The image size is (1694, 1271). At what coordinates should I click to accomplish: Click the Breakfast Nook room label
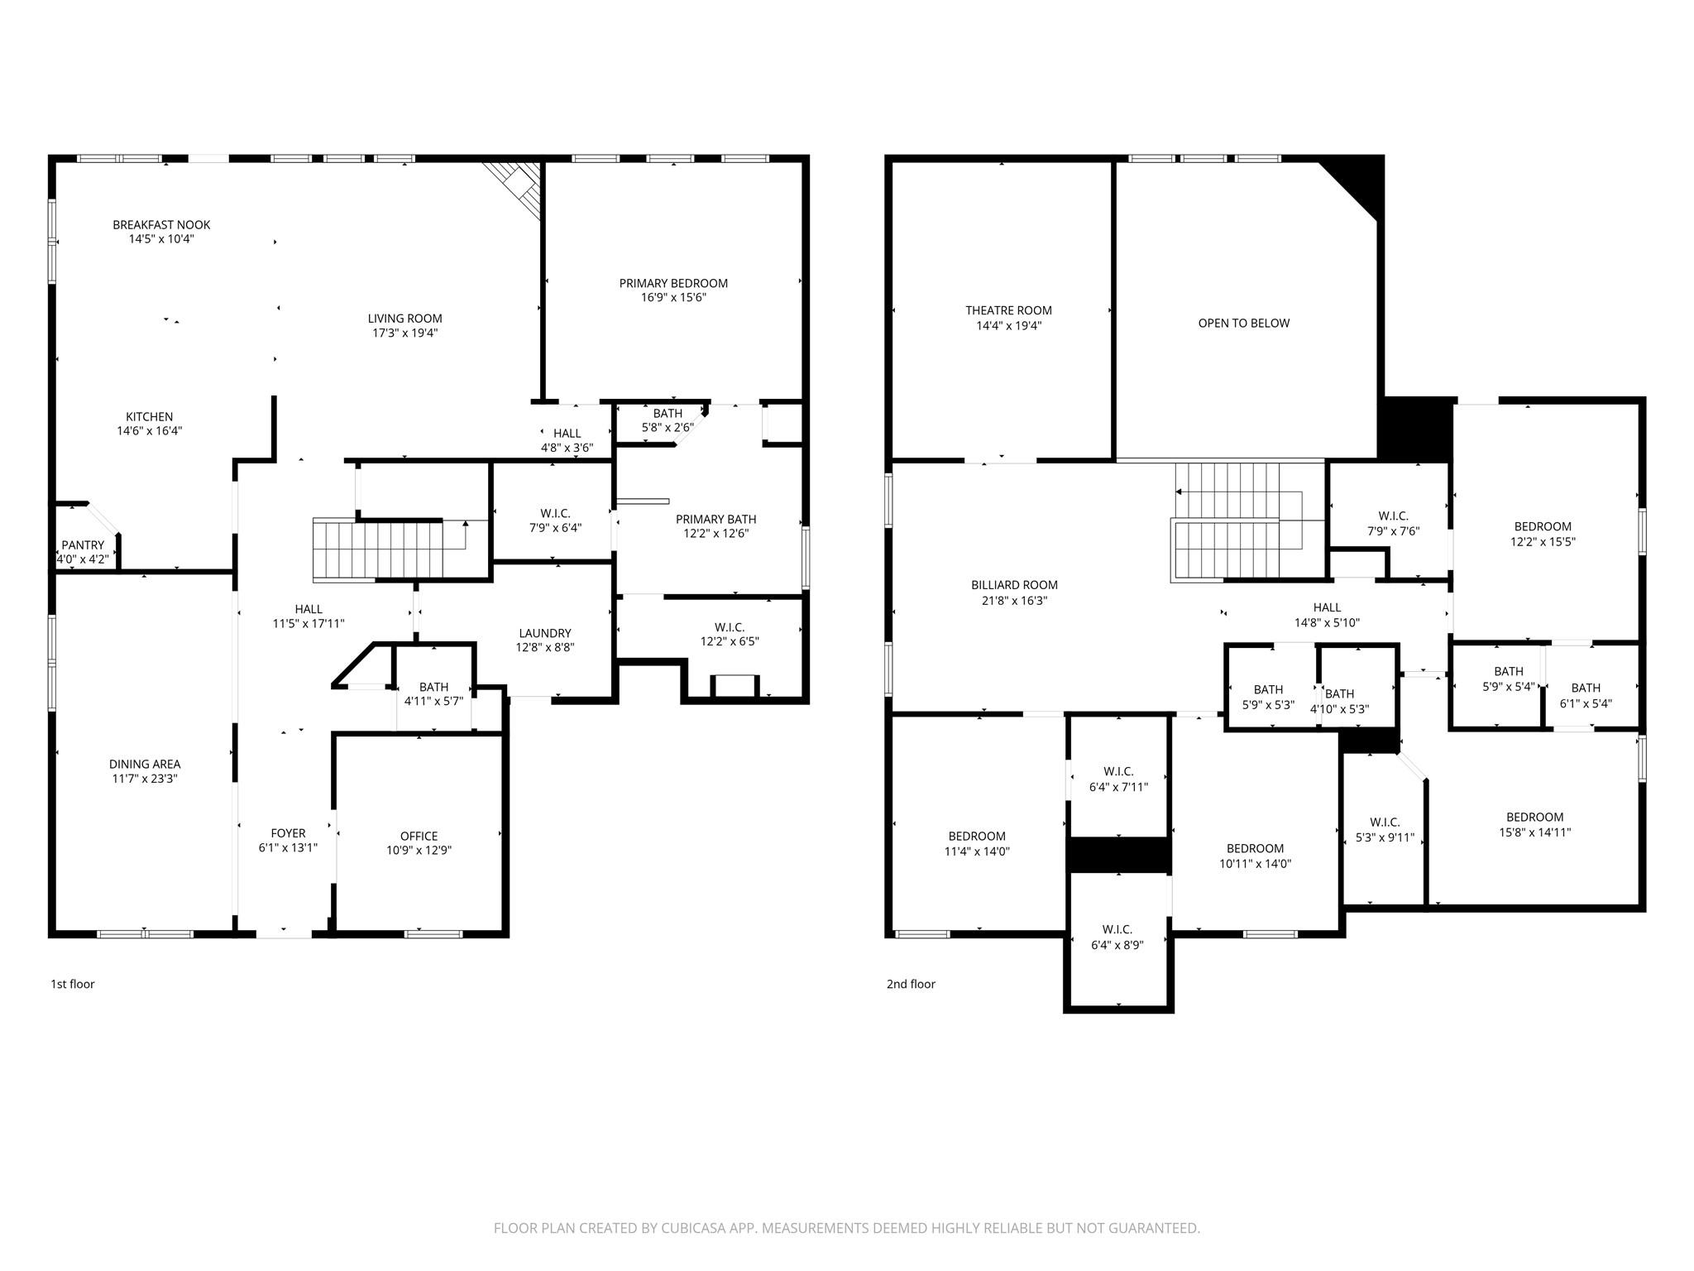coord(161,224)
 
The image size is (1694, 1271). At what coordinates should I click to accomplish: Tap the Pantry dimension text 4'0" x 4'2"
coord(77,559)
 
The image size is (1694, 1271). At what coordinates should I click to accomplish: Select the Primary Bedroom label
coord(673,283)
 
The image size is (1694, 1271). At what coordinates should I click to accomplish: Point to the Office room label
coord(419,836)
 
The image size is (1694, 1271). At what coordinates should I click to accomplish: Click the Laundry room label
coord(544,633)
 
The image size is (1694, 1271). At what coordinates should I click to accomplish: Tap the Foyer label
coord(288,833)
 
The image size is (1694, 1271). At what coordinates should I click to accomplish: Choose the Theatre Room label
coord(1008,310)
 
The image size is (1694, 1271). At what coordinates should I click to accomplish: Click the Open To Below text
coord(1243,324)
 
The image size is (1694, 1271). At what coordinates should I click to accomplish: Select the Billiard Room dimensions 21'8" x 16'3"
coord(1014,600)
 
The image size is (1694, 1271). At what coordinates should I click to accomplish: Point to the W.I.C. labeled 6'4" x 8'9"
coord(1117,945)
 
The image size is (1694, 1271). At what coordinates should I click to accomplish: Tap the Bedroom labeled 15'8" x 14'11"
coord(1534,832)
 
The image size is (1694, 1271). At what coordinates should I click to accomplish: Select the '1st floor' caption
coord(73,984)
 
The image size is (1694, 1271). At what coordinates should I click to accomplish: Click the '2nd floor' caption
coord(911,984)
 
